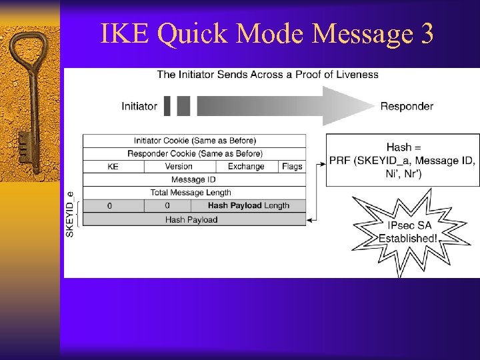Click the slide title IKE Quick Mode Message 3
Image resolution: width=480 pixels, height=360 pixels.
pos(267,33)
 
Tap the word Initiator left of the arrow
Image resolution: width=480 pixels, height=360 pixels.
pos(139,106)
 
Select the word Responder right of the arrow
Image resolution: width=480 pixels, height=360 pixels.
pos(407,106)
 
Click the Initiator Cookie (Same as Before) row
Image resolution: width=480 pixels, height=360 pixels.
pos(195,141)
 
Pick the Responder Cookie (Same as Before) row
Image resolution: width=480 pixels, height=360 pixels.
pos(195,154)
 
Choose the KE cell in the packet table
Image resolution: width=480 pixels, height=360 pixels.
pos(113,167)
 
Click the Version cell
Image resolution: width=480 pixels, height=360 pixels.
pos(179,167)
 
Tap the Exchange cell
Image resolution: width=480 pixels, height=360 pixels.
pos(246,167)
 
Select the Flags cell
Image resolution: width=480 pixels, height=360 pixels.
pos(292,167)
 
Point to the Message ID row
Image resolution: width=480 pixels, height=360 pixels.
pos(194,180)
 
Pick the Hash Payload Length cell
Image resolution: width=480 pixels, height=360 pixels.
pos(249,206)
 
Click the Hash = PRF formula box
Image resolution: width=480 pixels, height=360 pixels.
pos(403,161)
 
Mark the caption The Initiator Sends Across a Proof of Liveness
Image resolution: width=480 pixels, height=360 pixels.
pos(267,74)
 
